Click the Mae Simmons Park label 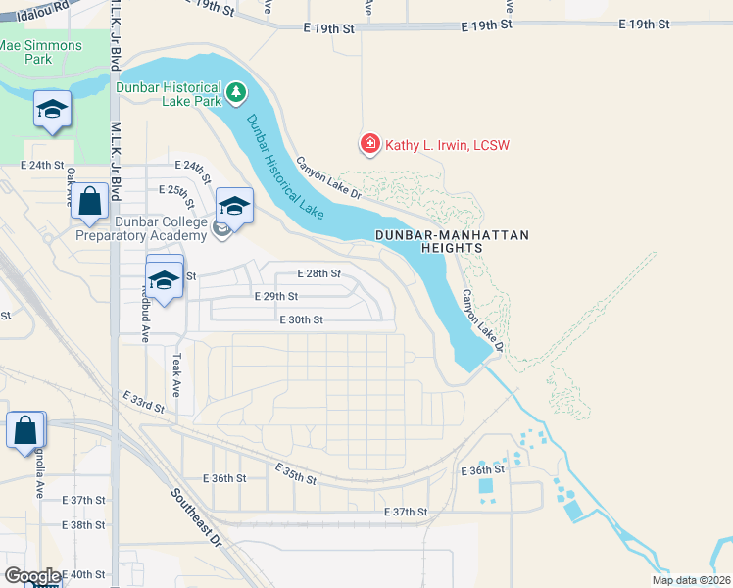coord(25,52)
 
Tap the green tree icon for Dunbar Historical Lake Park coord(235,93)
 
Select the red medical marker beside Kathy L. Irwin coord(370,145)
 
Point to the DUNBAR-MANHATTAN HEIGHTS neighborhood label coord(452,242)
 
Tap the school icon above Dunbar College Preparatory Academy coord(234,207)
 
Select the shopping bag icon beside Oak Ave coord(89,202)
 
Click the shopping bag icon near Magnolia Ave coord(25,430)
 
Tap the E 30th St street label coord(301,319)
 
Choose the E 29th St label coord(275,296)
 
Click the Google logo coord(32,576)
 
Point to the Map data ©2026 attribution coord(690,580)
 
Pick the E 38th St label coord(83,525)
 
